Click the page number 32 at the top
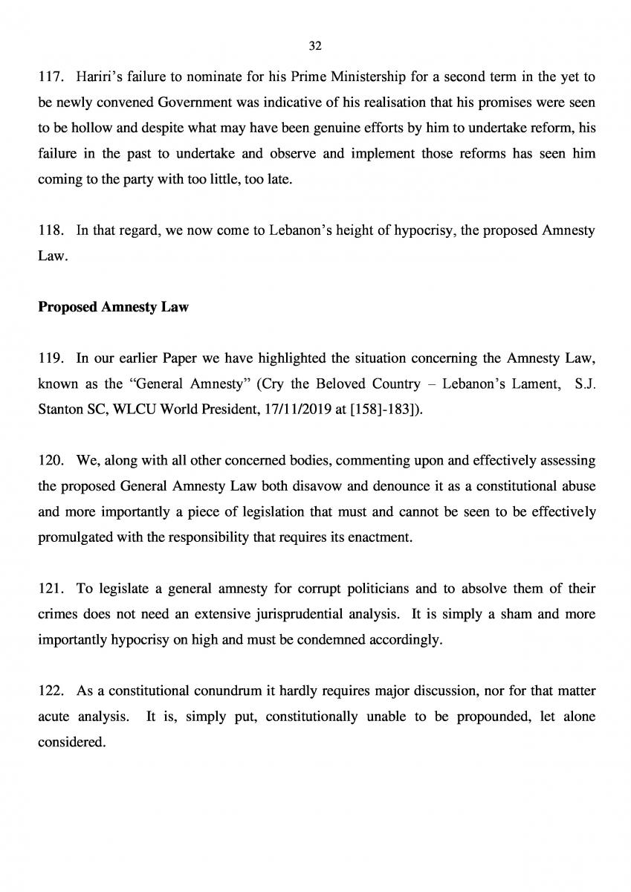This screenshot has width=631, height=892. [x=314, y=46]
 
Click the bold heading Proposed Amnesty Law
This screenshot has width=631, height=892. [x=113, y=307]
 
